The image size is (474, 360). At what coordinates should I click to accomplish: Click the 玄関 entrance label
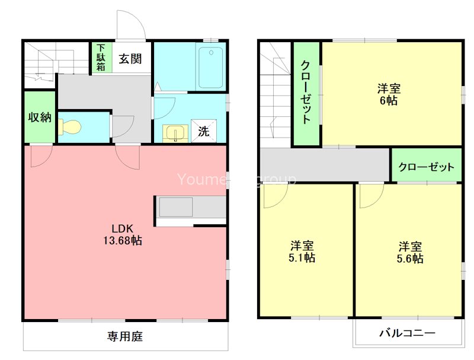129,59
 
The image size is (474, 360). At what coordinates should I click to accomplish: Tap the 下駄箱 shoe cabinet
101,58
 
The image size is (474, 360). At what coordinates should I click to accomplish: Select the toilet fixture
71,127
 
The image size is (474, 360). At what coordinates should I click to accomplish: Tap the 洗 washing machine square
203,132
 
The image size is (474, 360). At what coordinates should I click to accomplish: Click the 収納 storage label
40,117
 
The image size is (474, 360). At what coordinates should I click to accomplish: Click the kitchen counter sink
175,208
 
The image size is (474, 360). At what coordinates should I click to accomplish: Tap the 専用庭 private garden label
125,337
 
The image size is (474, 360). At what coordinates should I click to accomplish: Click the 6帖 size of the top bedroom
389,101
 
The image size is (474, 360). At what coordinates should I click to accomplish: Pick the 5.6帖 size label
410,259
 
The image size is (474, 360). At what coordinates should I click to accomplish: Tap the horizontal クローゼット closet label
426,167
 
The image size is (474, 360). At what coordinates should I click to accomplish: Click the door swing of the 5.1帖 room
274,196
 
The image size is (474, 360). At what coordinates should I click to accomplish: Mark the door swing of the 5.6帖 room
370,196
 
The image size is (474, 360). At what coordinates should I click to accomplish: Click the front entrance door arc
129,25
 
